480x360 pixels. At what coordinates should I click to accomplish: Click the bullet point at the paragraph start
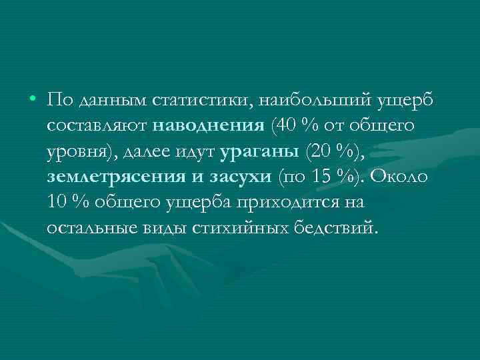(x=33, y=100)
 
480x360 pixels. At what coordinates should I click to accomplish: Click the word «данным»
(x=108, y=101)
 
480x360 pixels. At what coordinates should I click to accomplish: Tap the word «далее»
(x=148, y=152)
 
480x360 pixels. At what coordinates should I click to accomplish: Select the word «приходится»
(x=316, y=203)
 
